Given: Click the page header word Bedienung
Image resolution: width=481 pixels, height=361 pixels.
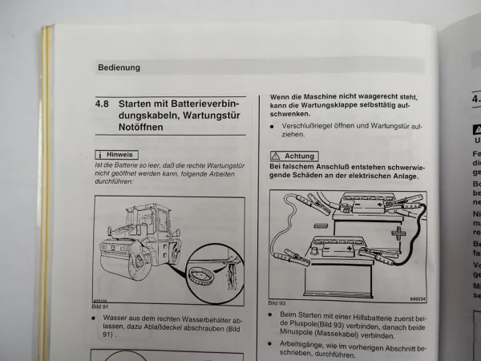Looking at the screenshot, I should point(119,67).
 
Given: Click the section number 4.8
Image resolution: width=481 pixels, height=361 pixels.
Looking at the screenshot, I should point(103,104).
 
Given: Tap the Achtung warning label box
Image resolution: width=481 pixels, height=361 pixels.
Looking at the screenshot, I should point(294,156).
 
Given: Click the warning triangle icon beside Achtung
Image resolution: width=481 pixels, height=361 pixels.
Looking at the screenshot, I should point(276,156).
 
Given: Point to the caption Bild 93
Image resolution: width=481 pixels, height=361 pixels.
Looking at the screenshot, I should point(277,302).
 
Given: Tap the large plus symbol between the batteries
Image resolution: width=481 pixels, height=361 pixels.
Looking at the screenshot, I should point(398,234).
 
